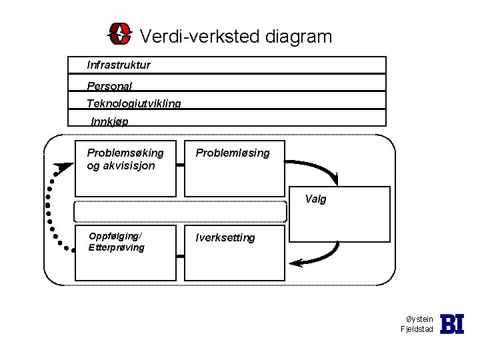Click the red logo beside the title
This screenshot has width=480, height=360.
[120, 33]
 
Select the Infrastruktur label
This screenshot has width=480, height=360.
[119, 65]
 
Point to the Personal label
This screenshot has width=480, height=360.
[109, 86]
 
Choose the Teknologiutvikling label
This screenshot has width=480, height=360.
[133, 103]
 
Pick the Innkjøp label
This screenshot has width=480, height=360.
[110, 121]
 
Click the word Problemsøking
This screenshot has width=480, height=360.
[125, 153]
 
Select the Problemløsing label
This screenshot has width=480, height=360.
[233, 153]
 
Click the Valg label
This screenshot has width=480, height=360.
[316, 199]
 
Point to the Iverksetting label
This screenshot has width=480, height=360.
[225, 237]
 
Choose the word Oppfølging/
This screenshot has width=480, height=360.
[115, 236]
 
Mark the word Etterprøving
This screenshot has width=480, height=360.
[116, 247]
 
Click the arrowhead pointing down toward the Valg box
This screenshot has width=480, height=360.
[335, 180]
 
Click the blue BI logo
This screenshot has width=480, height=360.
[452, 324]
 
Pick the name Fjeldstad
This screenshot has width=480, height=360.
[417, 330]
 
